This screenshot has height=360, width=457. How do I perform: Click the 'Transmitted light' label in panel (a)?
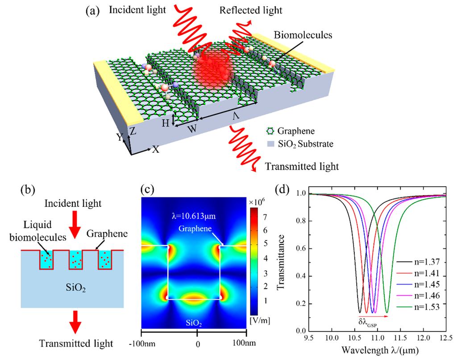(302, 167)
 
